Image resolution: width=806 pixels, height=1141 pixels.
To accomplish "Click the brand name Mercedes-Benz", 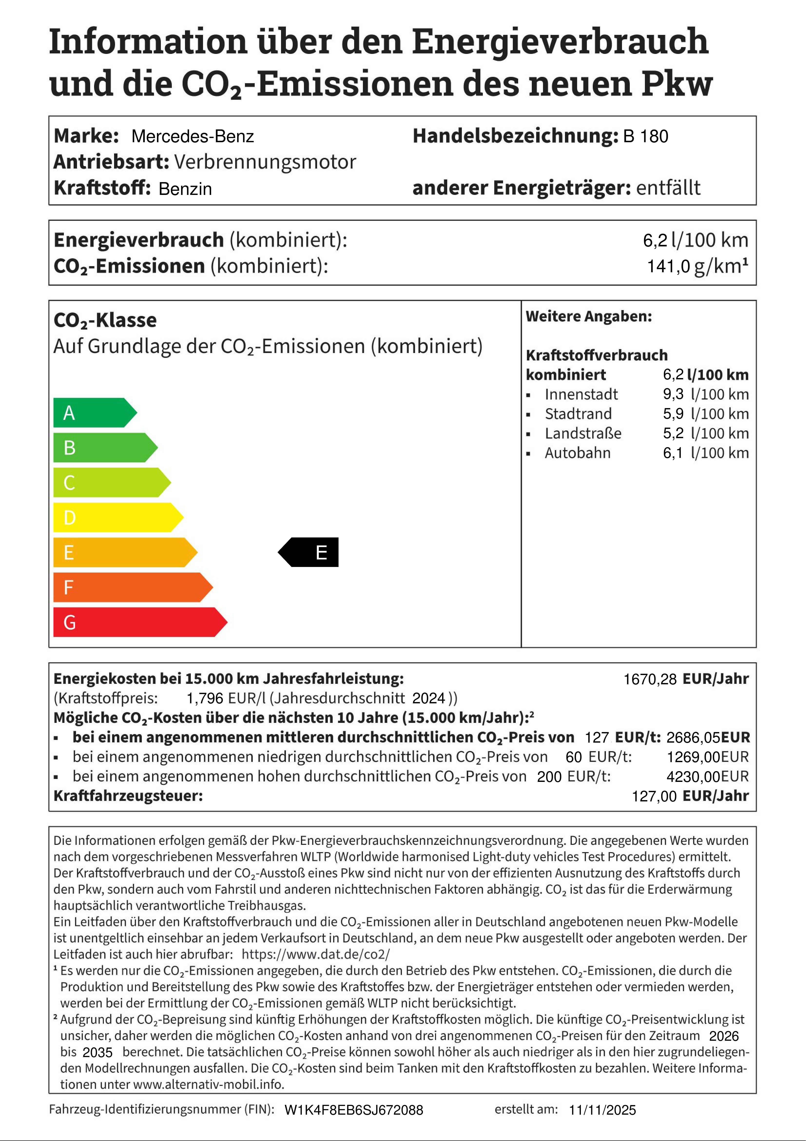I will click(193, 136).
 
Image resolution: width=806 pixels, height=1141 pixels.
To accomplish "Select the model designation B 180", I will click(646, 136).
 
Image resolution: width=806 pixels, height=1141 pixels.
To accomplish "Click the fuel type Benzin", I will click(185, 189).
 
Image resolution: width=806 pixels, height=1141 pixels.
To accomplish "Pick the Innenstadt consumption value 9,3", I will click(673, 394).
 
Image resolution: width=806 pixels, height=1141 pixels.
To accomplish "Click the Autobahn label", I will click(578, 453).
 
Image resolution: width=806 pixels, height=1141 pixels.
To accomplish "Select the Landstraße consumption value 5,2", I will click(673, 433).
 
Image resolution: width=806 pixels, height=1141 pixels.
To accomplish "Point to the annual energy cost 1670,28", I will click(650, 679).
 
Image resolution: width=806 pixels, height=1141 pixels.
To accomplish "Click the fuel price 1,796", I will click(204, 698).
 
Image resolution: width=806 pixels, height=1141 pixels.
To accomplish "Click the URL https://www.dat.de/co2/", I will click(316, 954).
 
